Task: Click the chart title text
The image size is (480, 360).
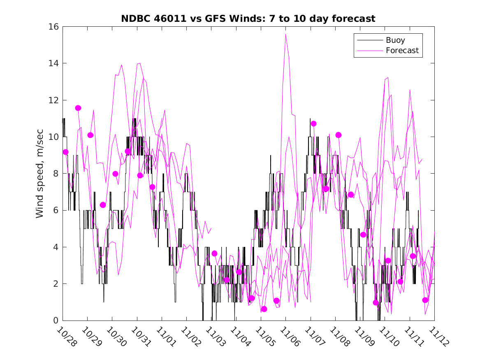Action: point(248,19)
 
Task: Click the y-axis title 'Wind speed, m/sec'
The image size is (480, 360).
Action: point(39,173)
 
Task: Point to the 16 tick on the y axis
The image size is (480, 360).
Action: point(55,27)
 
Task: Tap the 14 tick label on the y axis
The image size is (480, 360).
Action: point(55,63)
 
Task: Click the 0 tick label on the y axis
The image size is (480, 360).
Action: point(57,321)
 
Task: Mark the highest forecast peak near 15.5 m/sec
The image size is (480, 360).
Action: point(285,35)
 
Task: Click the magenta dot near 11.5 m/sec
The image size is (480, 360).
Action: point(78,108)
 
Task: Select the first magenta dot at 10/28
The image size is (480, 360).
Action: point(65,152)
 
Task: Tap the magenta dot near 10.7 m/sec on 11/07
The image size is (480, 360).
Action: point(313,123)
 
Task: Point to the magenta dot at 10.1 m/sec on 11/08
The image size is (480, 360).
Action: point(339,135)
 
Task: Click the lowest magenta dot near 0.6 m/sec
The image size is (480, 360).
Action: point(264,309)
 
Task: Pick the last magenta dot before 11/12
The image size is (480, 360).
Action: point(425,300)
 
